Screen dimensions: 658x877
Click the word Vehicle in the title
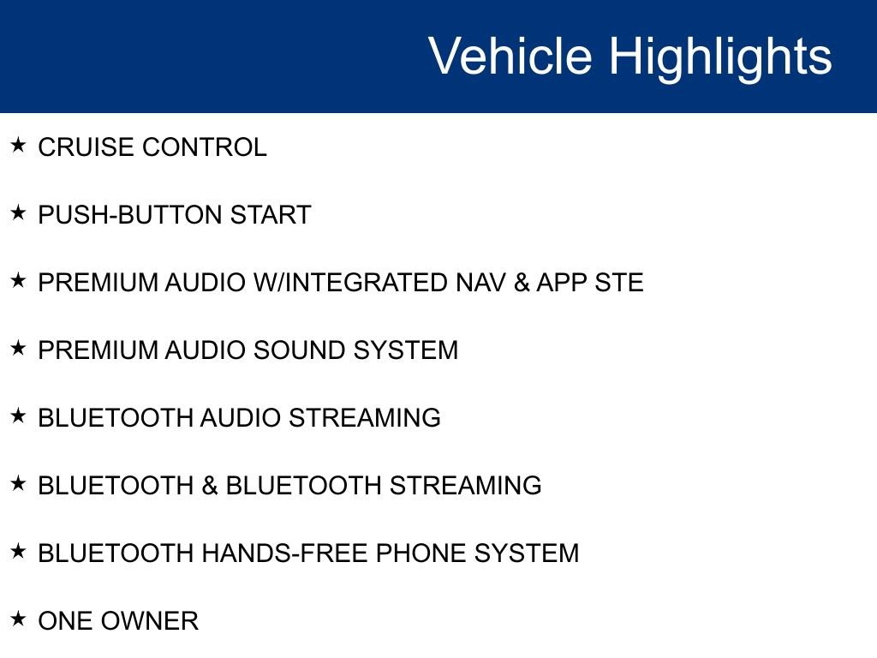click(x=510, y=57)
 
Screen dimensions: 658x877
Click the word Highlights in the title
click(x=720, y=57)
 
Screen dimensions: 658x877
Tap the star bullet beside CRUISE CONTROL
click(x=18, y=145)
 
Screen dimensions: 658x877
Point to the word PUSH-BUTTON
click(x=131, y=215)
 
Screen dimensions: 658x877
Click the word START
click(x=271, y=215)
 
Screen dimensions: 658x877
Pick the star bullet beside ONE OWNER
click(x=18, y=619)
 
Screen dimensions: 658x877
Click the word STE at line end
click(x=619, y=283)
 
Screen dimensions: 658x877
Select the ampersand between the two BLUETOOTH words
click(x=210, y=486)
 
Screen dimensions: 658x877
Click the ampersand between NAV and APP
click(x=522, y=283)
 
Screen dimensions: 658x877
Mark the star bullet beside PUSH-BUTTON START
click(x=18, y=212)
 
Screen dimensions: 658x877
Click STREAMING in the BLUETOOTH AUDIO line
click(x=364, y=418)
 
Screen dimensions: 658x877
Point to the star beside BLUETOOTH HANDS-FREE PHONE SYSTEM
click(x=18, y=551)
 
